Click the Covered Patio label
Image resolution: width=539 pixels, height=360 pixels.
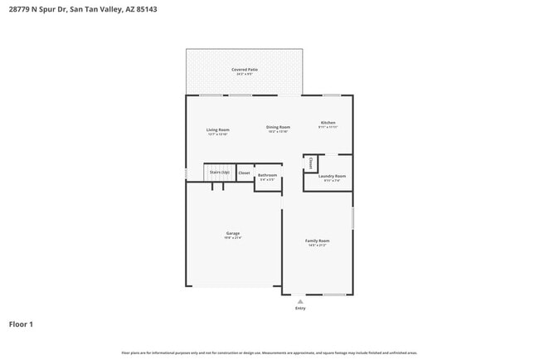click(244, 69)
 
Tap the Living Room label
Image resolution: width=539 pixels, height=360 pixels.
click(218, 129)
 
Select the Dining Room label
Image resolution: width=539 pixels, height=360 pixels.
click(278, 127)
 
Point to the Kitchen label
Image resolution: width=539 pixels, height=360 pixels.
click(328, 123)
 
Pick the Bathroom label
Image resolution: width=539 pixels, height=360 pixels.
click(267, 175)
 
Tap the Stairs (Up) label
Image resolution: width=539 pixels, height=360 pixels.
click(219, 172)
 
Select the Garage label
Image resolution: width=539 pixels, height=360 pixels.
click(233, 233)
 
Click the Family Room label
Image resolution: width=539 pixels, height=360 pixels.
click(318, 241)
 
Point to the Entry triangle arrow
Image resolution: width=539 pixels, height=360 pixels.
click(300, 301)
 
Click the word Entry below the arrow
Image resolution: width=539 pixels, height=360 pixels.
click(300, 308)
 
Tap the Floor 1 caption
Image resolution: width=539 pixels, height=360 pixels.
click(21, 324)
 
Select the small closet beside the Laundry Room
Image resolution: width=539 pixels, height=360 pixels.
click(310, 163)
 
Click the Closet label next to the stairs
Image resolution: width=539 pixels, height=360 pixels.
click(244, 173)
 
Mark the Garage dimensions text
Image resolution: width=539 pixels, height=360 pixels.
click(233, 237)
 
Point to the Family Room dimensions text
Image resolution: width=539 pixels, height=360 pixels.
click(318, 245)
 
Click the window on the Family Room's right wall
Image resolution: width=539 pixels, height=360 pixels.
click(353, 217)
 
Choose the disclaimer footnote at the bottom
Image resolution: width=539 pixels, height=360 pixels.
click(269, 353)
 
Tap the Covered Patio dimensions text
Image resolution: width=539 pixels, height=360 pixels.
click(244, 74)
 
